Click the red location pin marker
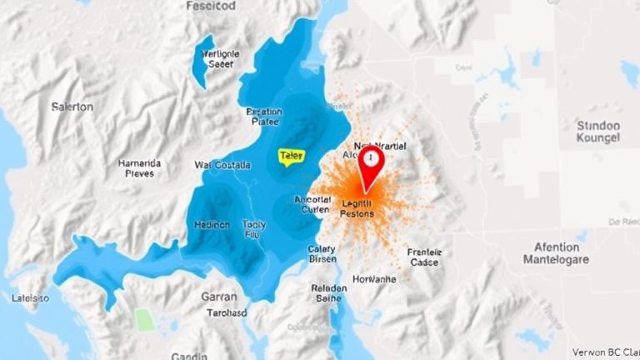coord(369,163)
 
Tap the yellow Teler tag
coord(291,156)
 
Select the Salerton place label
coord(72,107)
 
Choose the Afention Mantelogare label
coord(556,253)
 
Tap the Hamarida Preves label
coord(139,168)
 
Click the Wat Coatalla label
coord(222,165)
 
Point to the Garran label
coord(219,297)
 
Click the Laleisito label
coord(31,297)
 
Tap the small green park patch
coord(145,319)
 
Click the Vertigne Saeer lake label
coord(221,58)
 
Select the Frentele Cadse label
coord(424,257)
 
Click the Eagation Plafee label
coord(265,116)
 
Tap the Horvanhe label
coord(374,279)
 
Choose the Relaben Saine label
coord(327,293)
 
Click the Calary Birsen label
coord(322,253)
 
